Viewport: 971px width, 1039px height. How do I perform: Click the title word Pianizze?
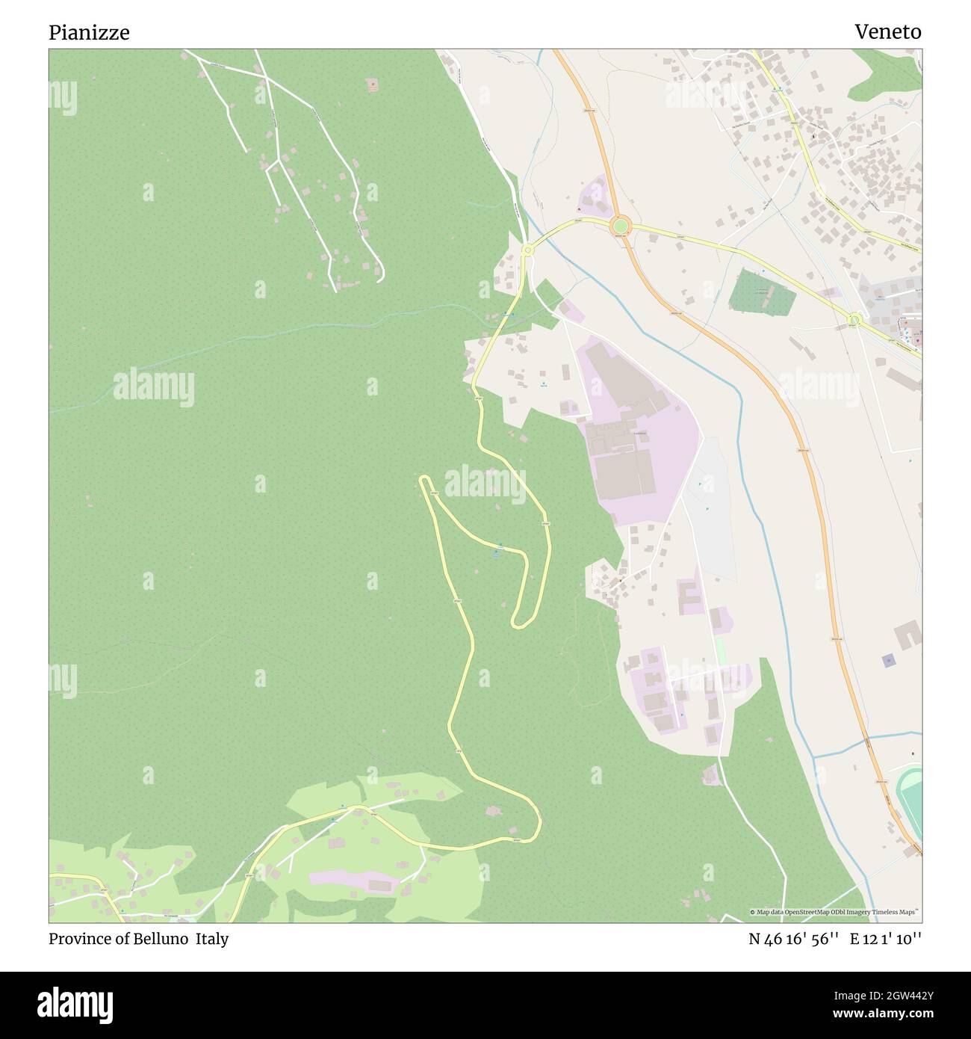click(89, 32)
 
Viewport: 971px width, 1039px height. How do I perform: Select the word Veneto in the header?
click(887, 31)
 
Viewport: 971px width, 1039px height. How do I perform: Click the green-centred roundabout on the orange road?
click(619, 224)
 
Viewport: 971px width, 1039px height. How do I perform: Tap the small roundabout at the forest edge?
click(527, 250)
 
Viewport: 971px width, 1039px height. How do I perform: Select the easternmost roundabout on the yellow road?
click(854, 321)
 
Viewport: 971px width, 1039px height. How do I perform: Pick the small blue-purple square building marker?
click(888, 660)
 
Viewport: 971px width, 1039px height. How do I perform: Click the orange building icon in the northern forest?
click(373, 85)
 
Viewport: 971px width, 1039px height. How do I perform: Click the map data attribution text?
click(834, 912)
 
